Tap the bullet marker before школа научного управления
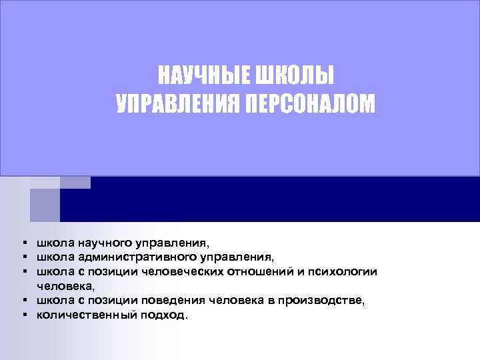pos(23,242)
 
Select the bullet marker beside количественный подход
pos(23,315)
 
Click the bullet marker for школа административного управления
pos(23,255)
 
